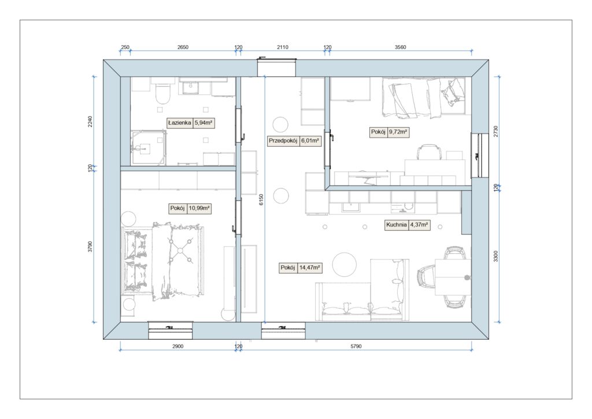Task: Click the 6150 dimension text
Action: (x=261, y=200)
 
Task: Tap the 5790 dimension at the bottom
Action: (x=356, y=346)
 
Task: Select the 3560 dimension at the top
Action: (x=400, y=47)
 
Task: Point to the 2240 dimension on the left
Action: (x=90, y=121)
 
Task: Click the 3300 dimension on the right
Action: (x=495, y=256)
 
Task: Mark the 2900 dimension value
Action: (x=178, y=346)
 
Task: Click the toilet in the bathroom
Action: (x=163, y=93)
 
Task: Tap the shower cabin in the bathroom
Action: (x=149, y=148)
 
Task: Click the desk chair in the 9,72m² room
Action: (x=429, y=152)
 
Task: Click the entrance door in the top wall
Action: (x=277, y=67)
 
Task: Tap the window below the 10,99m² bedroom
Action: (x=171, y=331)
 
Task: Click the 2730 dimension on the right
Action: (x=495, y=131)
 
